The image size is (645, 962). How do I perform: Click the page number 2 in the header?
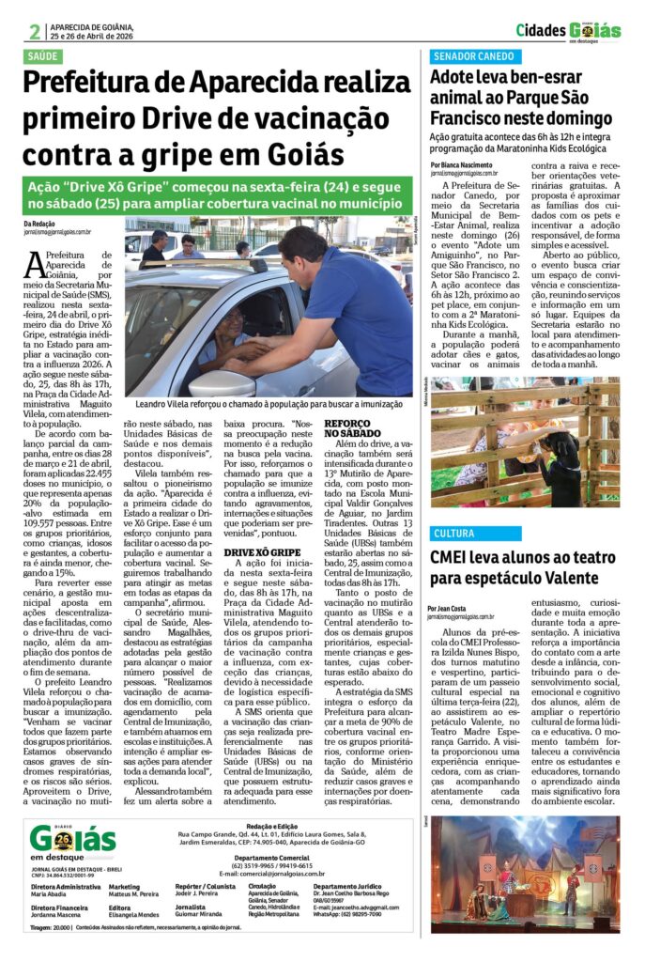35,31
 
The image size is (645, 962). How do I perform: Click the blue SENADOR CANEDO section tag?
473,56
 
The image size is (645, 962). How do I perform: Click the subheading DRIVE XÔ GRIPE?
262,552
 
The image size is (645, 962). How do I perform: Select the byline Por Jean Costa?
452,608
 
